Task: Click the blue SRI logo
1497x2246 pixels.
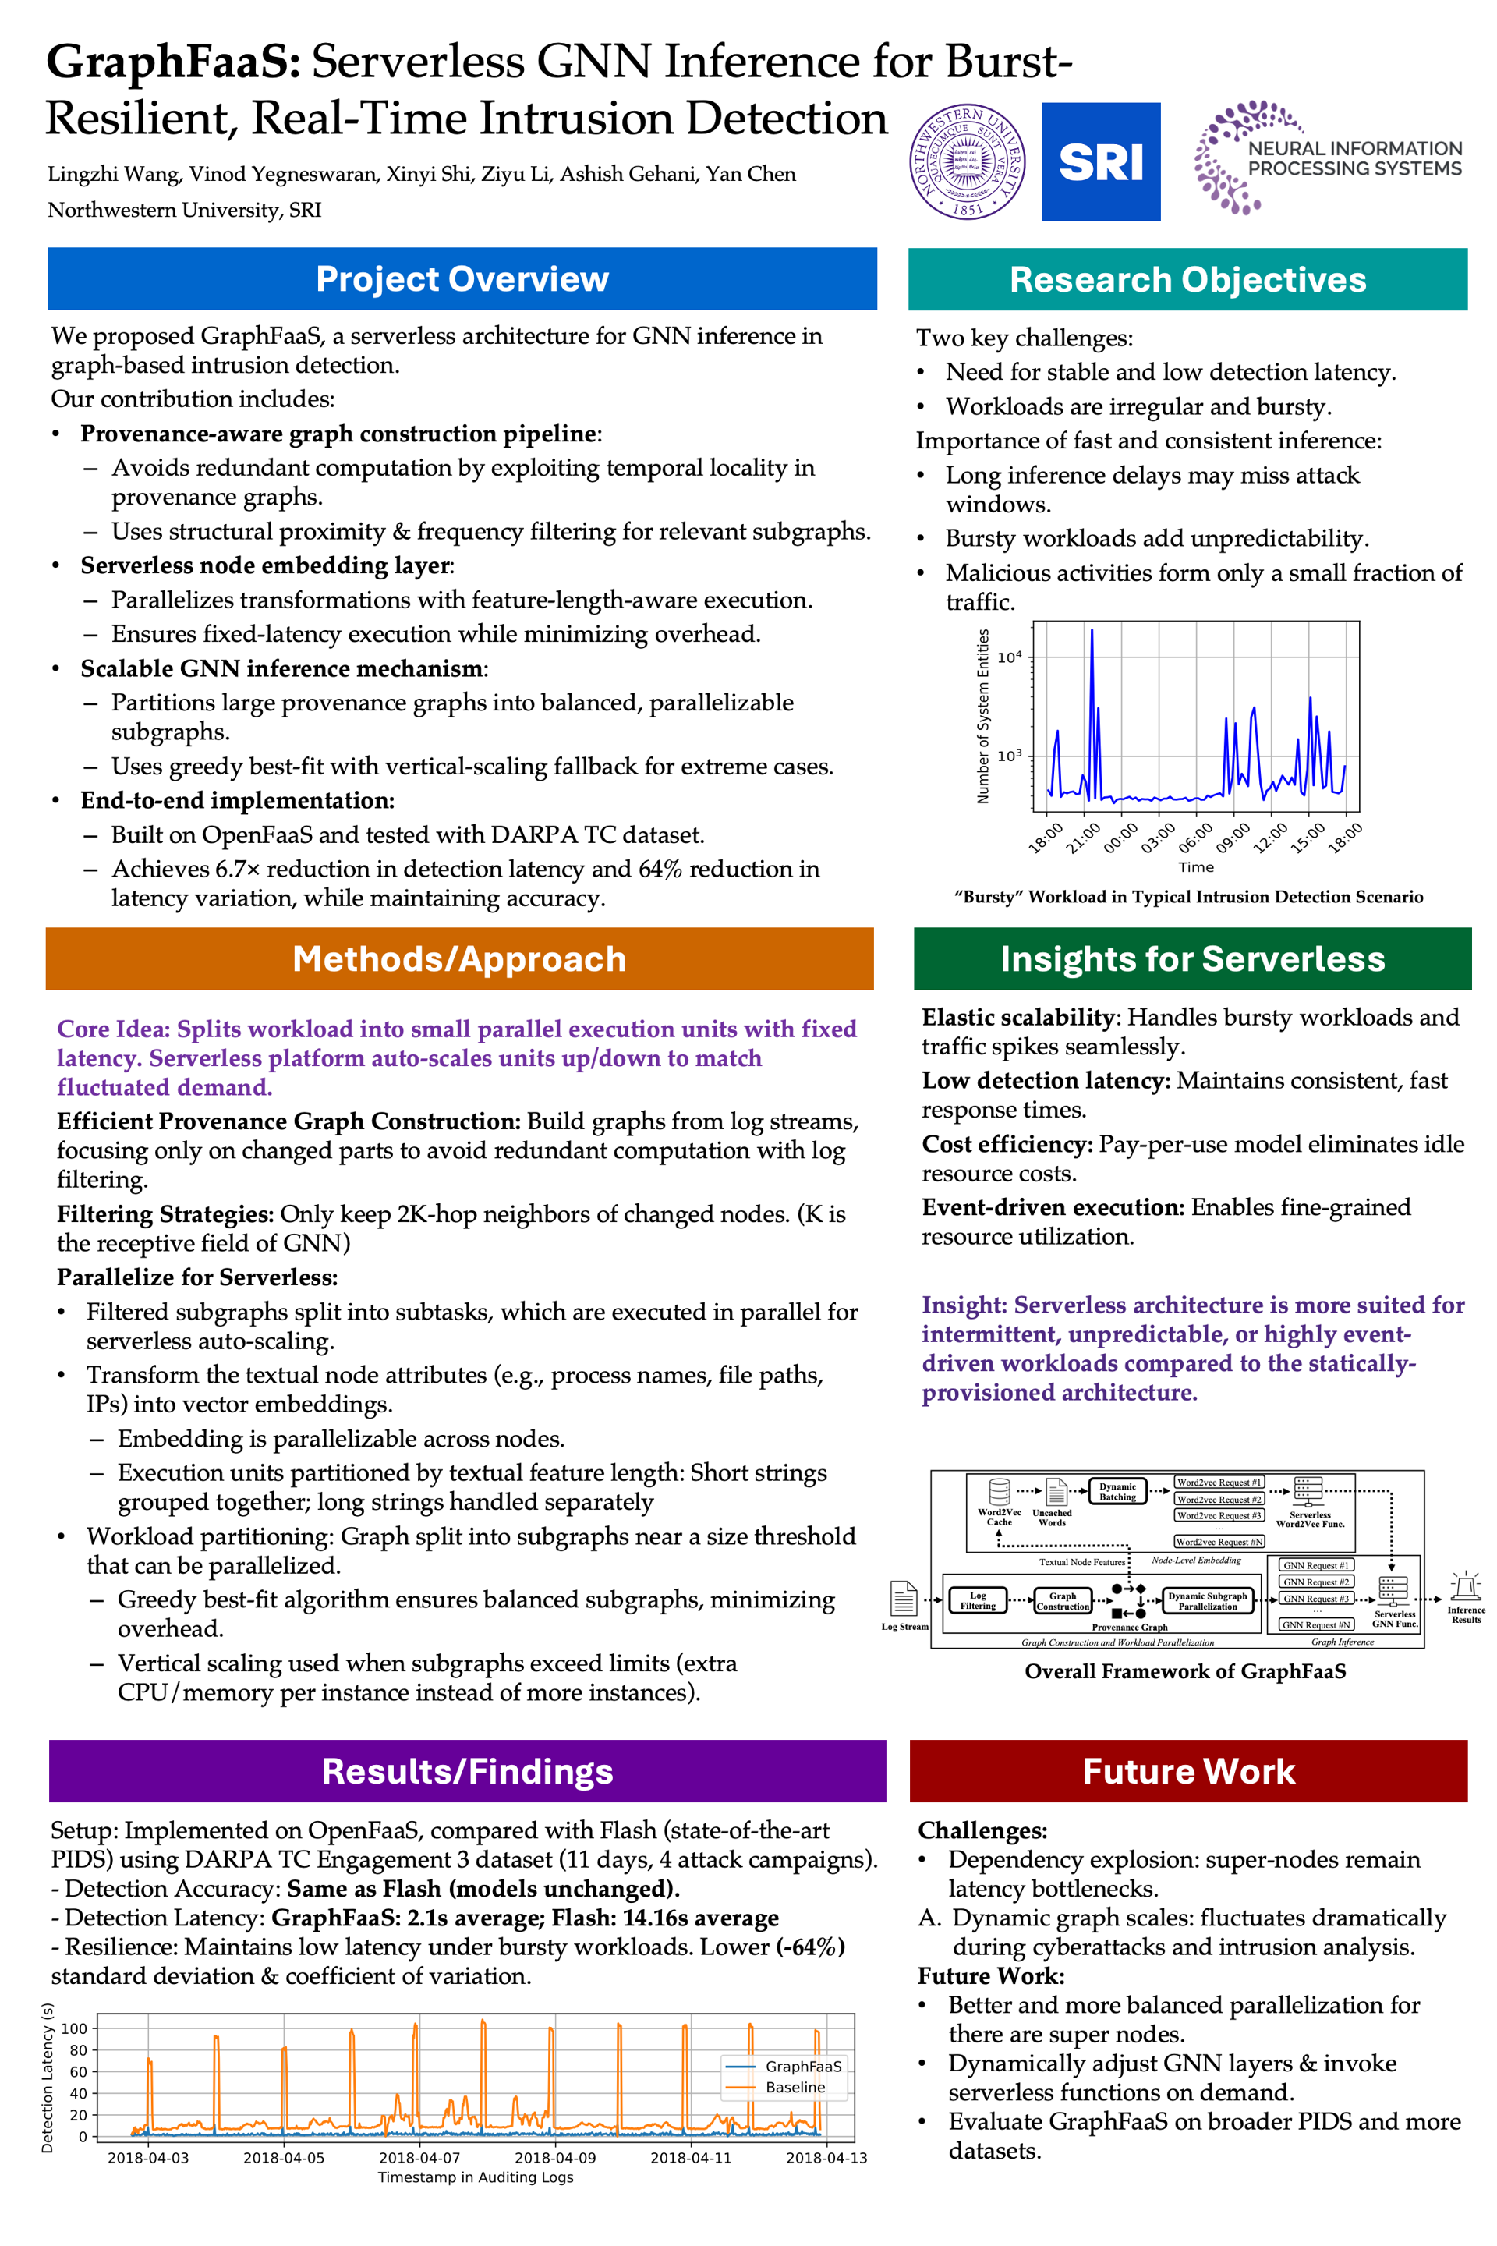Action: [x=1101, y=161]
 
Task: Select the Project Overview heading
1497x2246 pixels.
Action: [x=462, y=279]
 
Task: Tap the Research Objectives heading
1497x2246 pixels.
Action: [x=1187, y=280]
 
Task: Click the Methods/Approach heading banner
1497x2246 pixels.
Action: [x=459, y=958]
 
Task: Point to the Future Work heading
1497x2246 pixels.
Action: [x=1187, y=1771]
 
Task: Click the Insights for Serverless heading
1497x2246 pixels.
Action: [x=1192, y=958]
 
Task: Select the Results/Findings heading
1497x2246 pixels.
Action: [x=467, y=1771]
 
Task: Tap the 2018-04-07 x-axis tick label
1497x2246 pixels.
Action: [x=419, y=2158]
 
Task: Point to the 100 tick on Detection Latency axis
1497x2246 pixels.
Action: [x=73, y=2028]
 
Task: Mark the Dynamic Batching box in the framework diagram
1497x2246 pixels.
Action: [x=1117, y=1492]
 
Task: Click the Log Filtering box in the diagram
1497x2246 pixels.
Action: [x=978, y=1600]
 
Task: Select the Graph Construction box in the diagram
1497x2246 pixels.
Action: [x=1063, y=1600]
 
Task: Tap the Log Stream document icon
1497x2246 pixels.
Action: [x=903, y=1598]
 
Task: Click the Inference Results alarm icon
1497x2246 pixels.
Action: [x=1466, y=1587]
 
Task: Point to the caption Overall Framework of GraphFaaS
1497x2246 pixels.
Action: [x=1185, y=1671]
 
